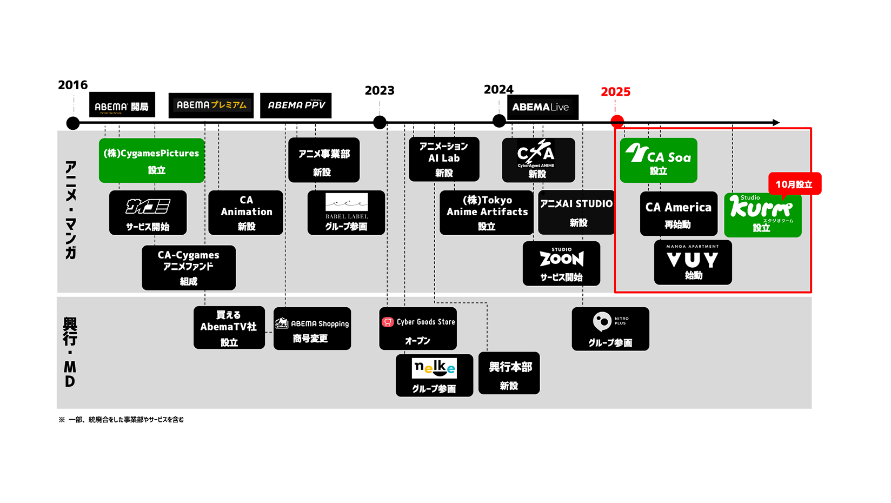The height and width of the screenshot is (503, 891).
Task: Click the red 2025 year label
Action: click(615, 92)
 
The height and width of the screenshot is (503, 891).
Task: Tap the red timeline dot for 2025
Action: click(617, 122)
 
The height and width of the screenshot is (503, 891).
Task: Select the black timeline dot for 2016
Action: click(73, 123)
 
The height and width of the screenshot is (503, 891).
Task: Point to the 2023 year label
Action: click(380, 90)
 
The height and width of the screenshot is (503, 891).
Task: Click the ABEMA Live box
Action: click(542, 107)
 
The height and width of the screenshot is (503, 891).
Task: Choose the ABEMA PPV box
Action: click(296, 105)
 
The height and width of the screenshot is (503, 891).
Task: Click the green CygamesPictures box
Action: click(151, 161)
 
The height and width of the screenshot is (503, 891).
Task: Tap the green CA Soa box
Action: click(658, 161)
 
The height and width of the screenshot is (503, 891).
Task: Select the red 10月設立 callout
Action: click(794, 184)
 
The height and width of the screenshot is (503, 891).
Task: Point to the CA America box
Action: click(679, 214)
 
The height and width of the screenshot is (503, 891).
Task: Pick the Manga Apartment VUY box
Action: click(693, 262)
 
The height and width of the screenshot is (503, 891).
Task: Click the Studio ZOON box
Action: click(561, 263)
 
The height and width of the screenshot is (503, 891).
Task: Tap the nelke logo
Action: click(434, 368)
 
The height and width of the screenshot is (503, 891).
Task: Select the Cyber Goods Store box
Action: click(418, 329)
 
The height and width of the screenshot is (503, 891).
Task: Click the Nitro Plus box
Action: click(610, 329)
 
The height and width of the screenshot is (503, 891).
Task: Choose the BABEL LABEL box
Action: click(346, 213)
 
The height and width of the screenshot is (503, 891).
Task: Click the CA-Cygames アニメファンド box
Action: click(188, 268)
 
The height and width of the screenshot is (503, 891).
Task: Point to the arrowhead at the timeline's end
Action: click(776, 123)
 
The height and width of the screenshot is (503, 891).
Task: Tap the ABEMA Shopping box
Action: click(312, 329)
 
